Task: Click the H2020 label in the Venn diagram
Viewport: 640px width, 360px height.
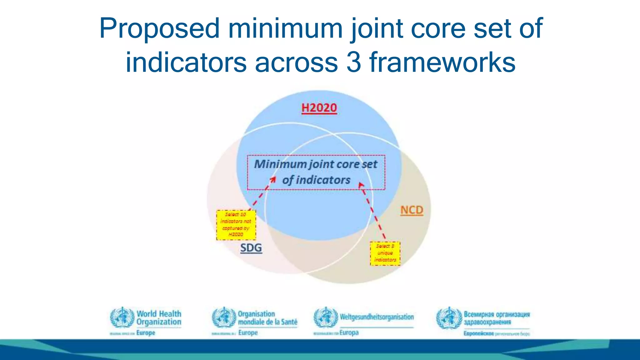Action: click(x=319, y=108)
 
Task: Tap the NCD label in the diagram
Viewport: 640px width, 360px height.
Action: click(x=412, y=210)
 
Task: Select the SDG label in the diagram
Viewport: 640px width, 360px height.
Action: click(x=251, y=248)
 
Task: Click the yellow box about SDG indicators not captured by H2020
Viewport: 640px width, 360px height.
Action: click(x=236, y=225)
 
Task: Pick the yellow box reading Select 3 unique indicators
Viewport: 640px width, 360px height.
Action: click(x=385, y=253)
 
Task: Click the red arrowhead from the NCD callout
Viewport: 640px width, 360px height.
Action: click(x=361, y=185)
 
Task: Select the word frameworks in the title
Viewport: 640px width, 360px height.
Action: click(x=442, y=62)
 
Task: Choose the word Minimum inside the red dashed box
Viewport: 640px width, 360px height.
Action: click(x=276, y=164)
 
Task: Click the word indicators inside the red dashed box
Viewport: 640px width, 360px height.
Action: click(x=323, y=180)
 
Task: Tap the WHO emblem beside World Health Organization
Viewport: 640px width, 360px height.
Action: click(x=122, y=317)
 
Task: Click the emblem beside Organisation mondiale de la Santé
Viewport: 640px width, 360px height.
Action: click(x=224, y=317)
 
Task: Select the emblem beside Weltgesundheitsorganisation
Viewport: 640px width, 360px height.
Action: click(x=326, y=317)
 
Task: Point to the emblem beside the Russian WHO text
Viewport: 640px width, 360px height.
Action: click(x=449, y=318)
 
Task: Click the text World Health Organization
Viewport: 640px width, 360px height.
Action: click(x=159, y=318)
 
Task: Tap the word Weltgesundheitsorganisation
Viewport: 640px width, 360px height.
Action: click(x=377, y=317)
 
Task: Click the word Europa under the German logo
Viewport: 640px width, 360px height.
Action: click(x=349, y=332)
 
